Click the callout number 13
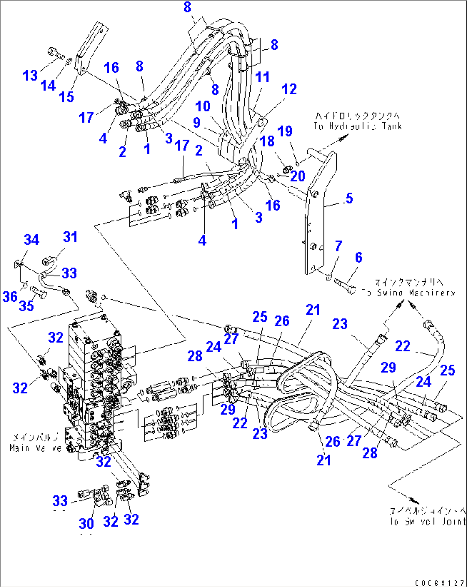(30, 76)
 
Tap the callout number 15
(66, 97)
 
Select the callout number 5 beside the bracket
(349, 198)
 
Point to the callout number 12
(289, 89)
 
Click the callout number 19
(285, 131)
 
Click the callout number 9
(197, 122)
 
